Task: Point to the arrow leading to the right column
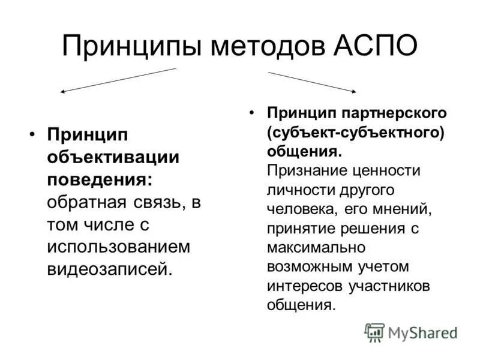point(312,82)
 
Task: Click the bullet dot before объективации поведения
point(34,135)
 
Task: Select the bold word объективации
point(113,157)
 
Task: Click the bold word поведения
point(99,179)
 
